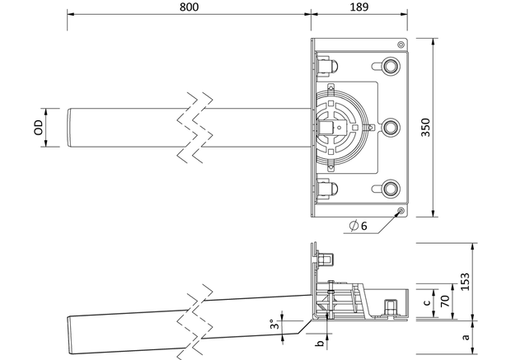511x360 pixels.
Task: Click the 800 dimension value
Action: [189, 7]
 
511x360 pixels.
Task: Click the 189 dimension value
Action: [359, 7]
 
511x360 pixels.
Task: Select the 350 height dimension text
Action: [425, 128]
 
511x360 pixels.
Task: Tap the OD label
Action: [38, 128]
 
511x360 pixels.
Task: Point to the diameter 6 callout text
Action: [358, 226]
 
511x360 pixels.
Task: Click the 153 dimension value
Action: [466, 282]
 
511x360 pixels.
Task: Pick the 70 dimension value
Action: [445, 301]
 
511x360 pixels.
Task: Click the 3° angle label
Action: [274, 324]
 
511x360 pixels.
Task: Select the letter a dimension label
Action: [466, 337]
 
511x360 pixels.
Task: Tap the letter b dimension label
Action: [321, 343]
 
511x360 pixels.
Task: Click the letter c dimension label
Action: [428, 302]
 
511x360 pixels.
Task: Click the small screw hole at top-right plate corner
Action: [401, 44]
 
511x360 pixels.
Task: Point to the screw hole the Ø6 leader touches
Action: [401, 210]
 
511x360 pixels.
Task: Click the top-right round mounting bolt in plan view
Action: [390, 66]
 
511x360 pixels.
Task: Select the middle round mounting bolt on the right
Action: [390, 127]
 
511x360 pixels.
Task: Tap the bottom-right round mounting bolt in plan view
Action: [390, 189]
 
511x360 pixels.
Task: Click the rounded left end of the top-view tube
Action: [69, 128]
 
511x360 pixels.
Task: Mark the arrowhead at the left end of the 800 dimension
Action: [71, 14]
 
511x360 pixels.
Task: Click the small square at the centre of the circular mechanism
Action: [339, 128]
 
